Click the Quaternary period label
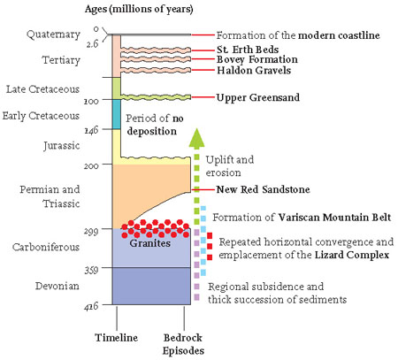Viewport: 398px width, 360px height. click(x=53, y=34)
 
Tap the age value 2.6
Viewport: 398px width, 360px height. click(x=92, y=43)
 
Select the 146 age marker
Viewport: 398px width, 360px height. click(x=91, y=130)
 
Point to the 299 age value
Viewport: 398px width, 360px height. click(x=91, y=231)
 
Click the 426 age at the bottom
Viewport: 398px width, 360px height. click(x=91, y=307)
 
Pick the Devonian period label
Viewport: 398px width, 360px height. click(x=57, y=286)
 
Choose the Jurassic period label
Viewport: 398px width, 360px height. click(x=62, y=146)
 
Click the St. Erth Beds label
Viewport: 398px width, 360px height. click(x=248, y=50)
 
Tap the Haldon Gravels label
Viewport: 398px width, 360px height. click(x=254, y=70)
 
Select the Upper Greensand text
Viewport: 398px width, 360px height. click(x=258, y=97)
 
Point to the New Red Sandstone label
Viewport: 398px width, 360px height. click(x=263, y=189)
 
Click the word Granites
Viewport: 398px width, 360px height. click(x=150, y=243)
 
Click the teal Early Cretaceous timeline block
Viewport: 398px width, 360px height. click(x=117, y=114)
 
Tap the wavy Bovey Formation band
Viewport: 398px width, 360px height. click(x=156, y=59)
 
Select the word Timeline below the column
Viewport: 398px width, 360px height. click(x=116, y=338)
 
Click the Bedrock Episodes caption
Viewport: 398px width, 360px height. click(x=183, y=344)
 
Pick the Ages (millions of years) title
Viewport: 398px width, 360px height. click(x=139, y=10)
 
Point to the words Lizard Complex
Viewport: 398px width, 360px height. click(x=352, y=255)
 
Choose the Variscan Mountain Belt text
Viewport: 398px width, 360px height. click(x=334, y=218)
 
